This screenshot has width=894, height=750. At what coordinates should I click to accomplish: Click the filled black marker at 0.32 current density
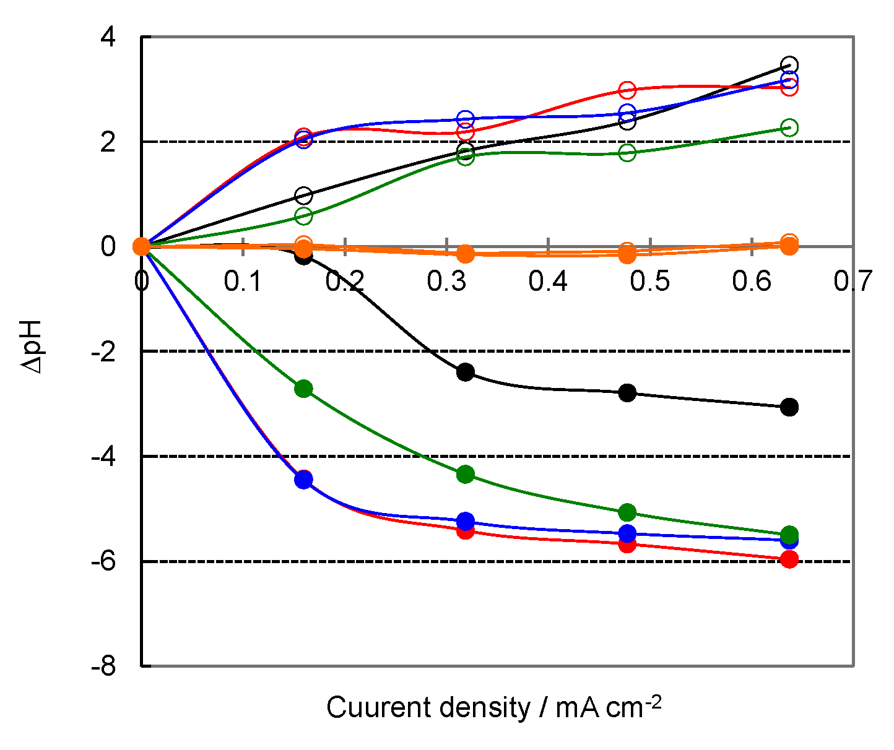465,372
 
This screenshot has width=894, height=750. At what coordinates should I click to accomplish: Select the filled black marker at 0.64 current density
789,407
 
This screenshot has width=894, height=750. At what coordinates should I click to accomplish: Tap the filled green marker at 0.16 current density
303,389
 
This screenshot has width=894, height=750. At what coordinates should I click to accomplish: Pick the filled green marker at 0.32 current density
465,475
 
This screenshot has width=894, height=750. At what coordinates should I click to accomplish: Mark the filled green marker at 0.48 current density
627,512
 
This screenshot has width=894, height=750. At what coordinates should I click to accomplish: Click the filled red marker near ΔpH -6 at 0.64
789,560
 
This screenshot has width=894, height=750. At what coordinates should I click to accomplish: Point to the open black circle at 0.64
789,65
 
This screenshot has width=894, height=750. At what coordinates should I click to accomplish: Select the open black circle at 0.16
303,196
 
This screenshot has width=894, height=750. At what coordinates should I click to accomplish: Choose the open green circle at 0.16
303,216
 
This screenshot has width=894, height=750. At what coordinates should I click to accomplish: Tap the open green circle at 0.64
789,127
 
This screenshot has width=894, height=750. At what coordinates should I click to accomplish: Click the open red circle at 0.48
627,90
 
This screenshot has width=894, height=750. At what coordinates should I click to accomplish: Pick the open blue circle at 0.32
465,119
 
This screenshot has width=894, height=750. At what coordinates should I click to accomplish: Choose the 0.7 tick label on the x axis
853,282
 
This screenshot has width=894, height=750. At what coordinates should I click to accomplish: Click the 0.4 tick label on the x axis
548,282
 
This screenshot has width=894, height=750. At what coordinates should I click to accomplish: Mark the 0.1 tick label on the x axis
243,282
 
